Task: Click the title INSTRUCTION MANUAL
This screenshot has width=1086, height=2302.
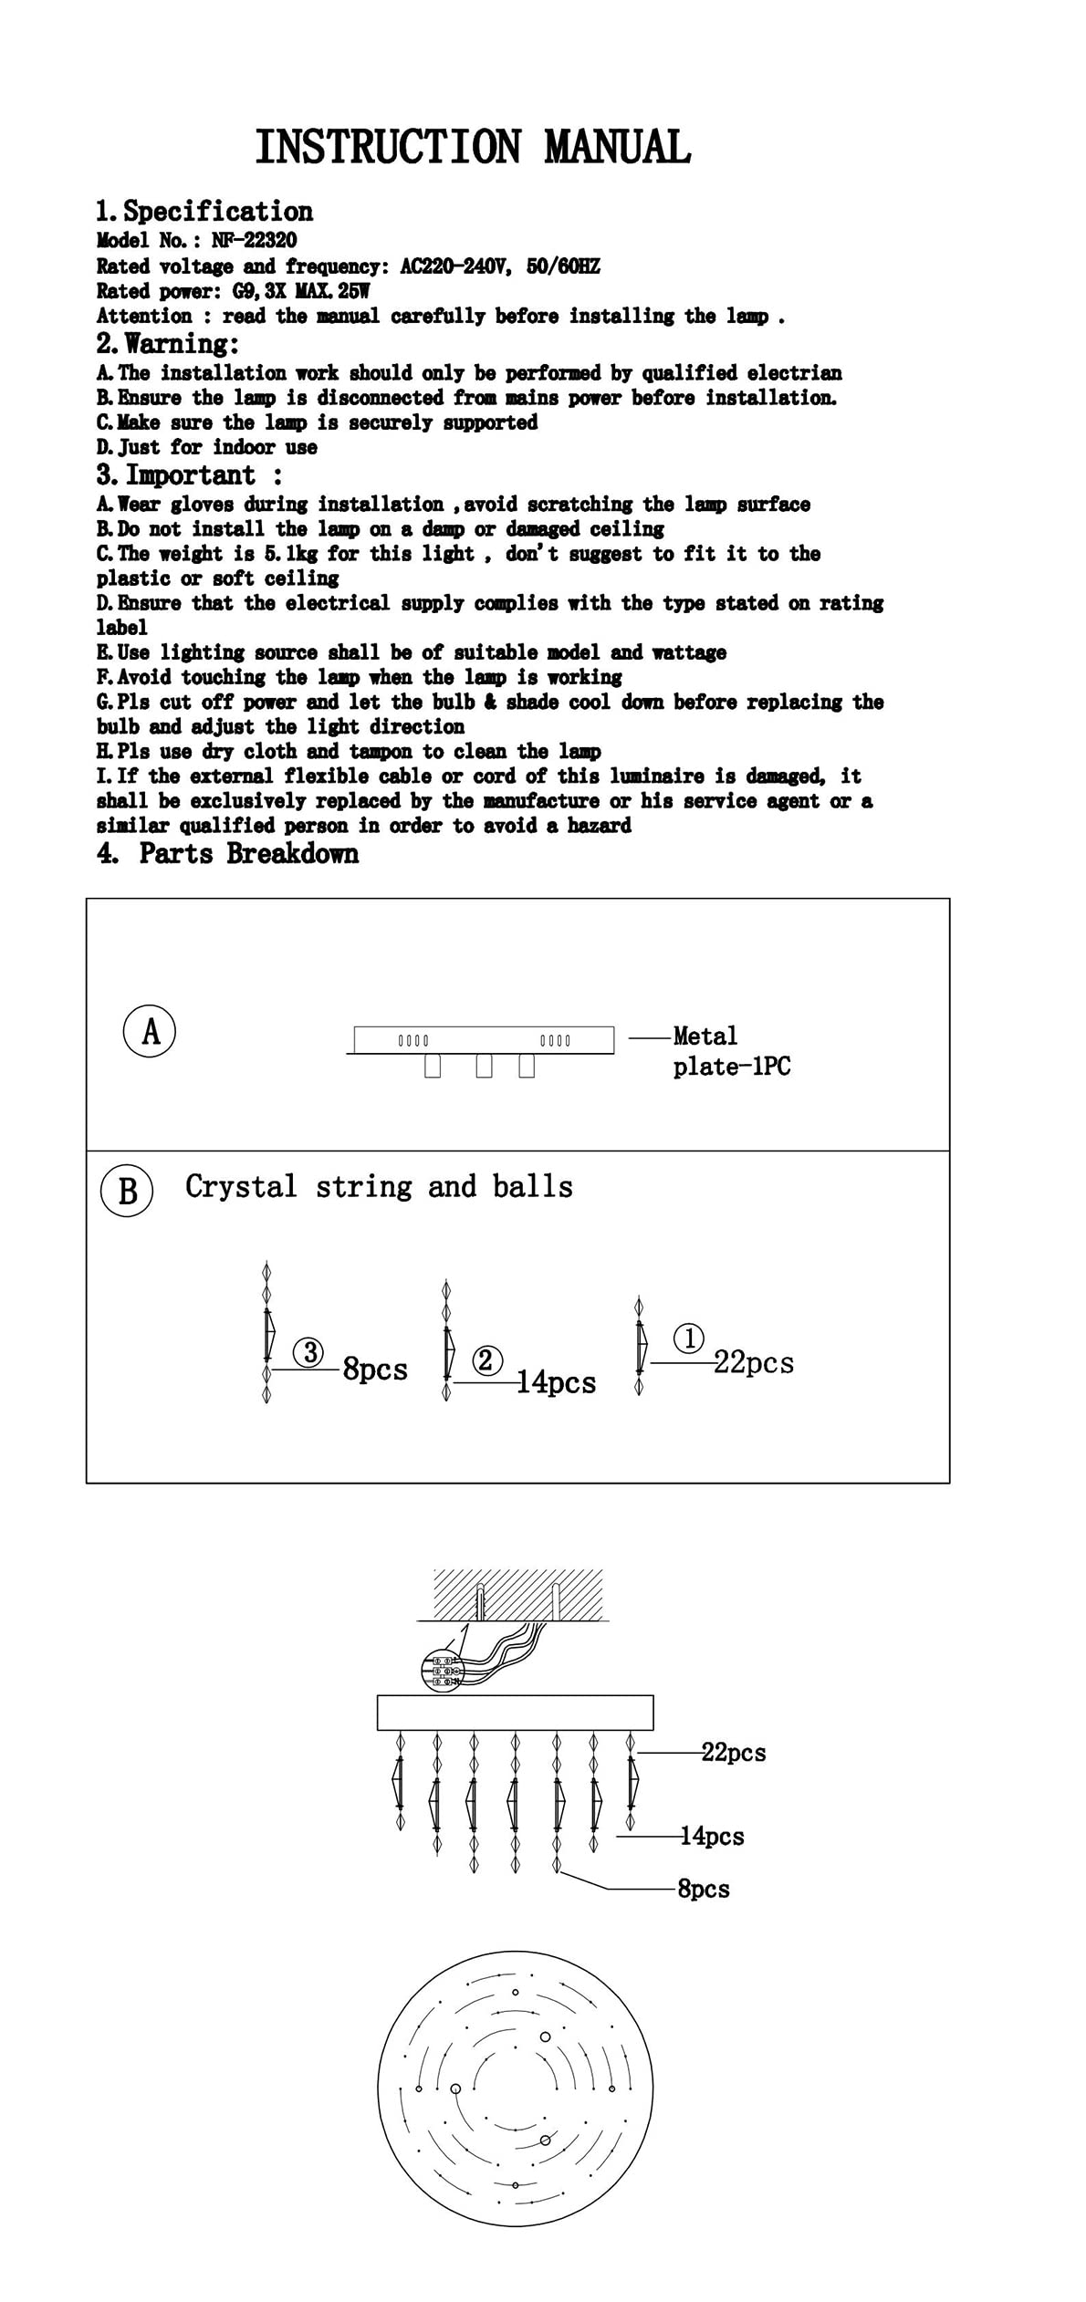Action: point(472,148)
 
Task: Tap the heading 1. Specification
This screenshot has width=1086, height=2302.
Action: point(204,212)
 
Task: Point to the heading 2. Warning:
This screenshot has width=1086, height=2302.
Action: point(168,344)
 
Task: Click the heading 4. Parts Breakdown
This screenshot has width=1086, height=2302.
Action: point(228,854)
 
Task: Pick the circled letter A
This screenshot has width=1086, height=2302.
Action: point(150,1031)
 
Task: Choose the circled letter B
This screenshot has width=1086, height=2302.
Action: point(127,1191)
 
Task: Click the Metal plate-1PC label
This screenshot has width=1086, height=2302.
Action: point(731,1050)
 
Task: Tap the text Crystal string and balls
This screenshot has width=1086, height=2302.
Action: point(379,1186)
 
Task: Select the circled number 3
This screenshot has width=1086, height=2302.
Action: point(310,1352)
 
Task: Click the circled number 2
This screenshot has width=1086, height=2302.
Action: point(486,1360)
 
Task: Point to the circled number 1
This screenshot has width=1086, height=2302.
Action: point(689,1338)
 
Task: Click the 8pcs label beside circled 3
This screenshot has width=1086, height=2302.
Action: point(375,1370)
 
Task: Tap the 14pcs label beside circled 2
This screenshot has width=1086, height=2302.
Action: point(557,1382)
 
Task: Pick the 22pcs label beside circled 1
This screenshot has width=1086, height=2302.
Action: point(754,1363)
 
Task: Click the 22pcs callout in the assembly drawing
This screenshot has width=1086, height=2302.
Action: point(734,1753)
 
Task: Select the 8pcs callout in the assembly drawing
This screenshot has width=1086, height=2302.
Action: point(704,1889)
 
